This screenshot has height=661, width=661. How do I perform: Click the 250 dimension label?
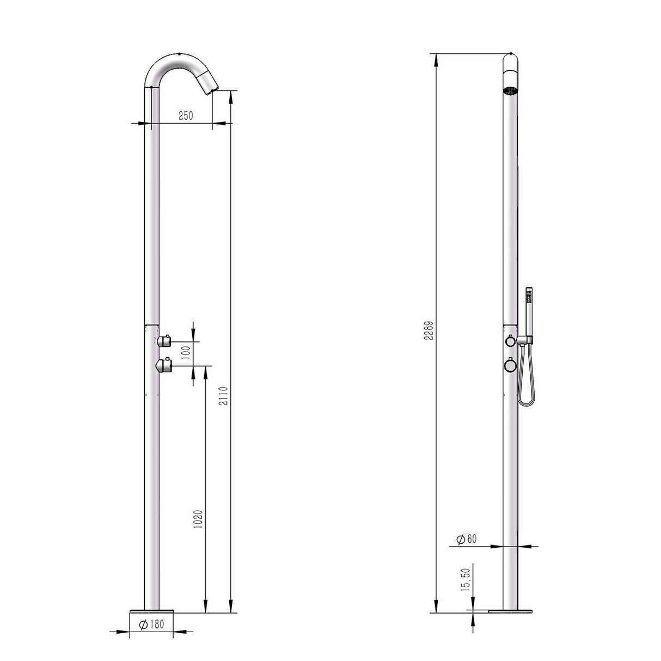[x=186, y=116]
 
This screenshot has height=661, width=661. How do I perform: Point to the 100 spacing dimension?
[x=186, y=353]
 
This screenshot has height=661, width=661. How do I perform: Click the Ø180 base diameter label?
[x=151, y=625]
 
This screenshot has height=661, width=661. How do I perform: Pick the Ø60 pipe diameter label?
[x=466, y=539]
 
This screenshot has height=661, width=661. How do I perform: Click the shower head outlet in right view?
[x=510, y=90]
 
